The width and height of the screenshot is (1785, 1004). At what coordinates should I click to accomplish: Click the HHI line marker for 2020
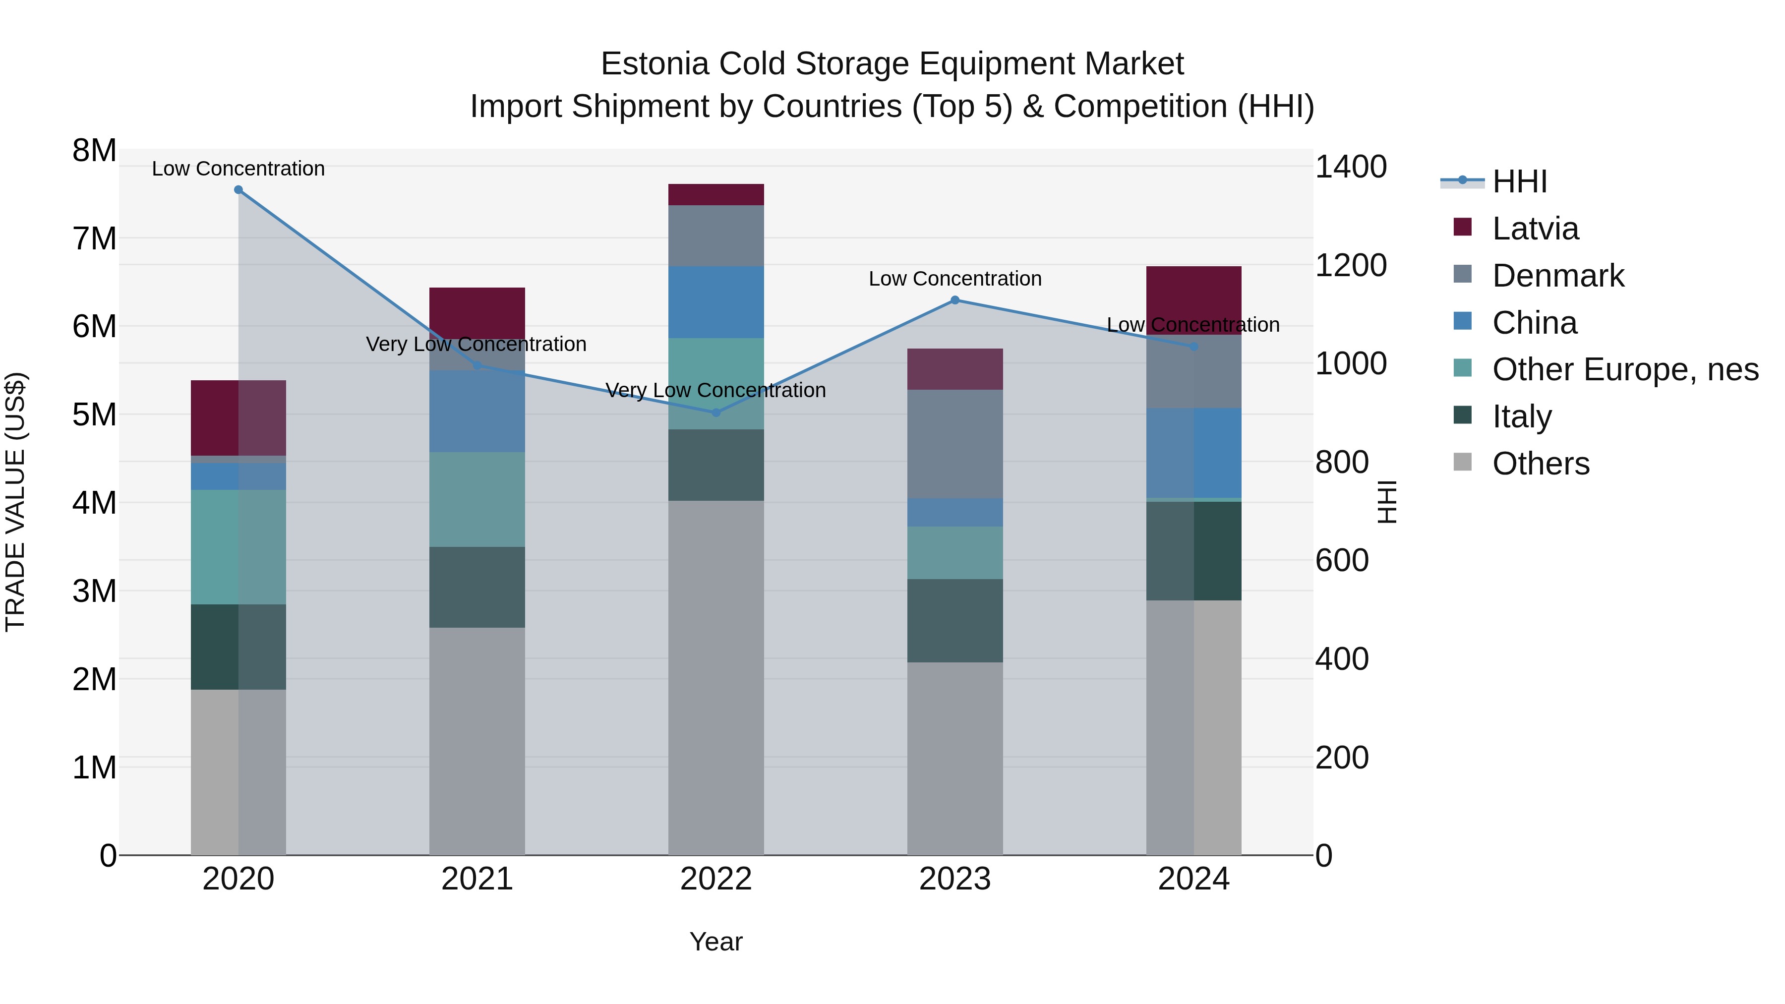238,190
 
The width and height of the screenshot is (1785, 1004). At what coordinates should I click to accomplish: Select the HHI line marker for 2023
955,300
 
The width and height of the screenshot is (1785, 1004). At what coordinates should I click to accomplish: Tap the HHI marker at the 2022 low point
716,413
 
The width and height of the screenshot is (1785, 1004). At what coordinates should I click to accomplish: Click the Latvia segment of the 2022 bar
716,195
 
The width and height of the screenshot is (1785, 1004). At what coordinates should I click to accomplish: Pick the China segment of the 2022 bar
716,302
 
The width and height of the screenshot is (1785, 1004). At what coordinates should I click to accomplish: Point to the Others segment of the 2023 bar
955,758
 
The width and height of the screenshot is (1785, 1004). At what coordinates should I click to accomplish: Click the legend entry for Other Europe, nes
1624,369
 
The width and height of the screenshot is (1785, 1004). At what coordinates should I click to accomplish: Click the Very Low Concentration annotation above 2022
716,390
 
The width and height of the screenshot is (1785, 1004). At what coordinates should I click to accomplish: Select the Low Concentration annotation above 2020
238,169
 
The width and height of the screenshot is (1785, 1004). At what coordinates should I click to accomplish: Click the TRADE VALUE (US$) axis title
15,502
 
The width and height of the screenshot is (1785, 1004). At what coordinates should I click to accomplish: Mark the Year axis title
716,942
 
